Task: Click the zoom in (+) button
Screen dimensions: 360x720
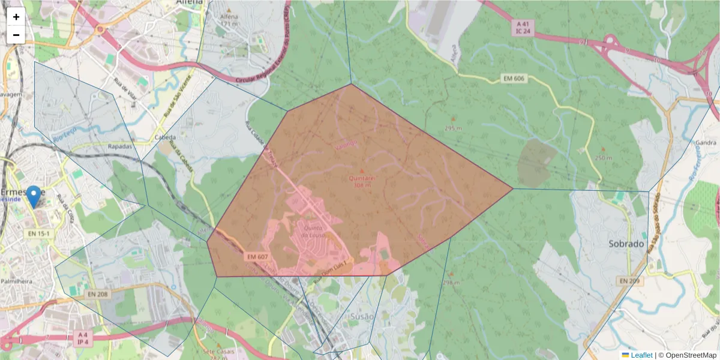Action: coord(16,17)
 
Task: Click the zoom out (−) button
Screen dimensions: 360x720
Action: coord(16,35)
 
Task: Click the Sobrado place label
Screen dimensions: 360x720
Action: coord(626,244)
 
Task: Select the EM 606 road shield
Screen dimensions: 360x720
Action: coord(514,79)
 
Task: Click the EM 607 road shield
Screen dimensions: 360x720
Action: coord(257,256)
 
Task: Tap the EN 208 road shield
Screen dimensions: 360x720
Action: coord(97,294)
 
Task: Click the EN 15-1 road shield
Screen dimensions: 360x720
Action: coord(39,233)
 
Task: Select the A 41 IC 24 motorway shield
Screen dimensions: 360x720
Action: coord(523,28)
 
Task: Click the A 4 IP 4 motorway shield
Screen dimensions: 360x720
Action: coord(83,338)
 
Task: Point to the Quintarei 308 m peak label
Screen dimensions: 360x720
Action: coord(362,181)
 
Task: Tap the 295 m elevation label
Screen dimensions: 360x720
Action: coord(453,128)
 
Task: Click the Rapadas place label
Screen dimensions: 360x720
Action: coord(119,146)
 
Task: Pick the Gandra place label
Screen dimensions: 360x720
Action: coord(706,143)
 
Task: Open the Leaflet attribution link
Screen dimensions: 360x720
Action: coord(641,355)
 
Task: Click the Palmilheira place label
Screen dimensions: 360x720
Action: coord(17,280)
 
